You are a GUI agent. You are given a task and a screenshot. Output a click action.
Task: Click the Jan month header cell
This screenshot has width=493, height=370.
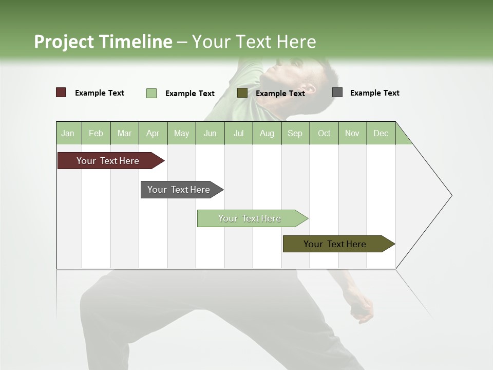point(68,133)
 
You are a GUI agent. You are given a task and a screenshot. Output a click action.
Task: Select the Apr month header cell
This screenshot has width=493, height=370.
point(153,133)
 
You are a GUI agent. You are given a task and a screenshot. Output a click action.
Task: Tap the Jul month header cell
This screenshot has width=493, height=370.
point(239,133)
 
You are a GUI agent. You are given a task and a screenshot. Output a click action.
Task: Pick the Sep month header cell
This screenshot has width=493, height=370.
point(295,133)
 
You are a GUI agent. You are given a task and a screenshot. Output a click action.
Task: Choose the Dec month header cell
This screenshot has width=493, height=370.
point(381,133)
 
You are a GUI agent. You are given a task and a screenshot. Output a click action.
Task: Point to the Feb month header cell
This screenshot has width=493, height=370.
point(96,133)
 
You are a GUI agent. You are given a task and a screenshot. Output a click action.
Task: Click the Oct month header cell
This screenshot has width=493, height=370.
point(324,133)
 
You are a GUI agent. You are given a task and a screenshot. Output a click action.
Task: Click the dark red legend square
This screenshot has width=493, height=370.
point(61,92)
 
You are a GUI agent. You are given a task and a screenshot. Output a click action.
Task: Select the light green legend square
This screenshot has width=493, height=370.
point(151,93)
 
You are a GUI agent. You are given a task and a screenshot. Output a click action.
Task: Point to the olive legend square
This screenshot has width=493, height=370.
point(242,92)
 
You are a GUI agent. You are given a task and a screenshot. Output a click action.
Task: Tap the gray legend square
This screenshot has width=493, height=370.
point(337,92)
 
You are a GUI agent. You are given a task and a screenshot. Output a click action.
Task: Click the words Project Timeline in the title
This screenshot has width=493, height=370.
point(103,42)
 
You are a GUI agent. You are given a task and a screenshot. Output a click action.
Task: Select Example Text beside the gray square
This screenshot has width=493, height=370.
point(374,93)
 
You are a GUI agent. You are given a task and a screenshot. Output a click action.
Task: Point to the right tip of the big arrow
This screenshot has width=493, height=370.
point(450,195)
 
